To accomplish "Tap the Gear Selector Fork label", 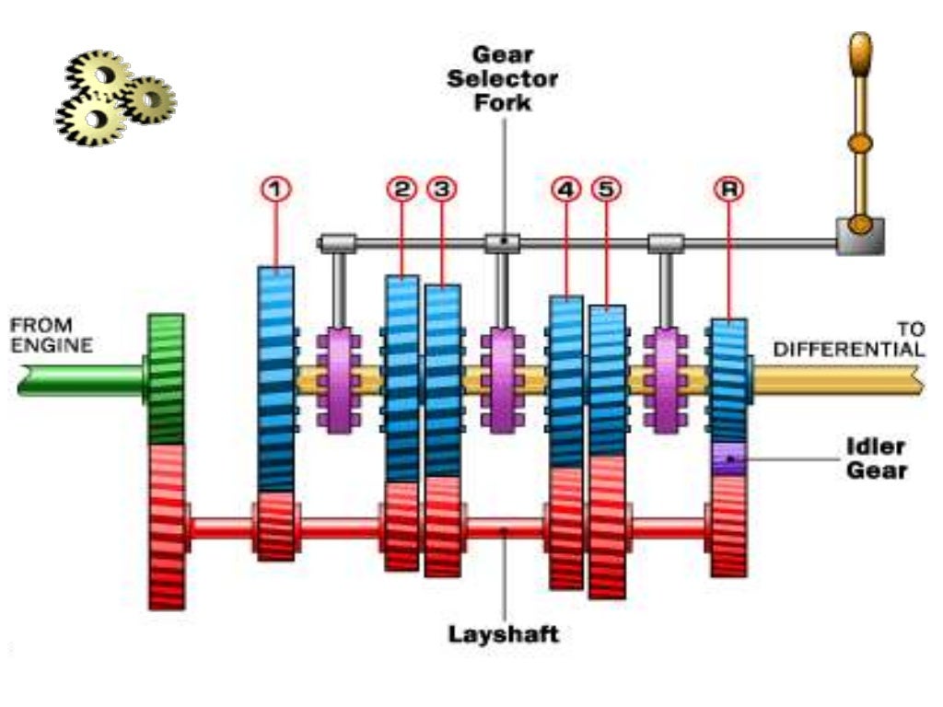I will [x=503, y=78].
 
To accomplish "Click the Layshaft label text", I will [x=503, y=633].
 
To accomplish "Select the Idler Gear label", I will [x=876, y=458].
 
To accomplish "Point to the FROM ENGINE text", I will [x=52, y=336].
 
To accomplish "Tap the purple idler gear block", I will [x=728, y=458].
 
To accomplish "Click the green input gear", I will [x=166, y=378].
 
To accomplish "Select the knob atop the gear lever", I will [x=860, y=52].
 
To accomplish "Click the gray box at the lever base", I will [x=860, y=236].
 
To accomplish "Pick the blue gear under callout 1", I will [x=275, y=377].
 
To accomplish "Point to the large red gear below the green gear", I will [x=167, y=526].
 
